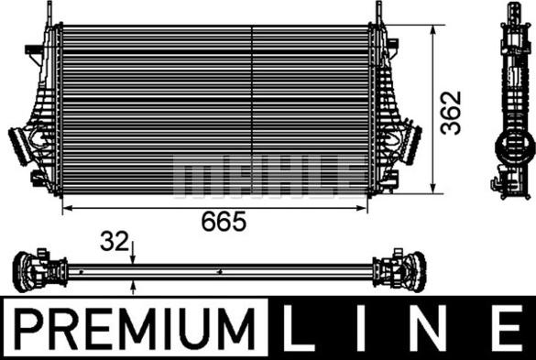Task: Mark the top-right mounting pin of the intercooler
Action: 376,13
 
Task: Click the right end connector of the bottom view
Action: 408,270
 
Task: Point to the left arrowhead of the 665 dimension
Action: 65,209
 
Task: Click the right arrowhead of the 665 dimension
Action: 367,209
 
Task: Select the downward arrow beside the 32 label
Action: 134,259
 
